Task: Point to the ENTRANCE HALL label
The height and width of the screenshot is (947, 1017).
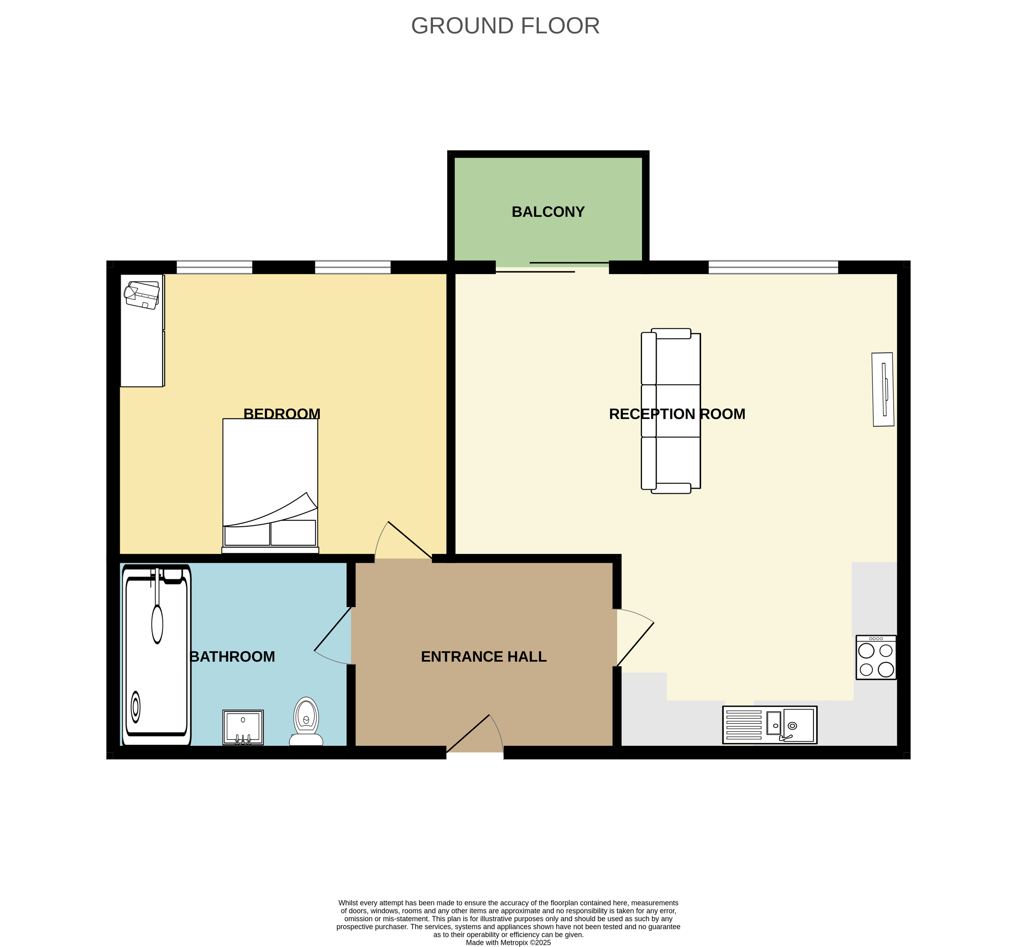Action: pos(483,656)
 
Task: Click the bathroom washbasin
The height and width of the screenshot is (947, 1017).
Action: pos(243,727)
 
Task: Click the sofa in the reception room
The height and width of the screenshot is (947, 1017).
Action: pos(671,411)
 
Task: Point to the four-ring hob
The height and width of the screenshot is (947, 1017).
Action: pos(876,657)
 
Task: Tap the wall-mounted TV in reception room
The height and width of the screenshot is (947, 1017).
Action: pos(883,389)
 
